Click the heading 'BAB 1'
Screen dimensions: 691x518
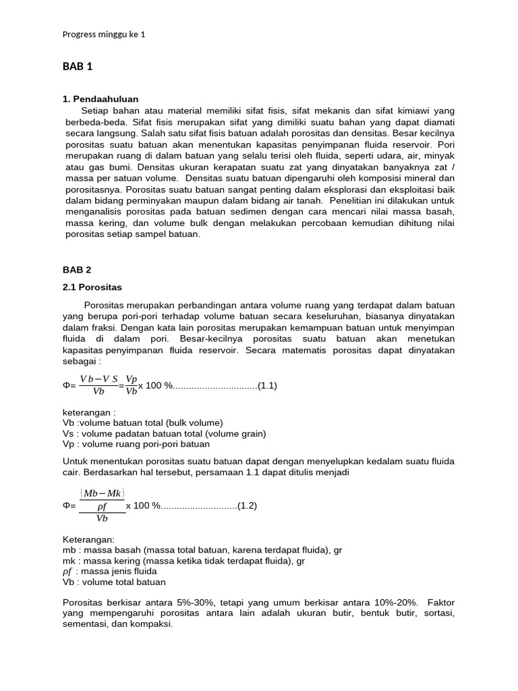[x=78, y=66]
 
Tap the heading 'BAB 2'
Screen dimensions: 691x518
[x=77, y=269]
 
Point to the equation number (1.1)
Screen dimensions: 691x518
[x=268, y=386]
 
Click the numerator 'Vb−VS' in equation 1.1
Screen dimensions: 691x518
[x=98, y=379]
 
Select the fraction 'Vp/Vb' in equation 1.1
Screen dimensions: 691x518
[x=132, y=385]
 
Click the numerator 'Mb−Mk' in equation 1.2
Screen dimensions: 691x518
[x=103, y=493]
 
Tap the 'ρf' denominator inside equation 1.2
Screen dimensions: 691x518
[x=103, y=505]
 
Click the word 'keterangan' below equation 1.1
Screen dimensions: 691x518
[x=89, y=412]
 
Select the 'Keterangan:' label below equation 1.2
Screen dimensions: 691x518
[x=89, y=539]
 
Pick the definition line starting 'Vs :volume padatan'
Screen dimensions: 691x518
[x=164, y=433]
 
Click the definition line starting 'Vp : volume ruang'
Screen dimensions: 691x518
[x=136, y=444]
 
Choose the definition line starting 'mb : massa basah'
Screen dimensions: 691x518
[x=202, y=550]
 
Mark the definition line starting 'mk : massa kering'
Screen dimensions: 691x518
[x=183, y=561]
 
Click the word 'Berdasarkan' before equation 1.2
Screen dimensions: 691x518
[x=109, y=472]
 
